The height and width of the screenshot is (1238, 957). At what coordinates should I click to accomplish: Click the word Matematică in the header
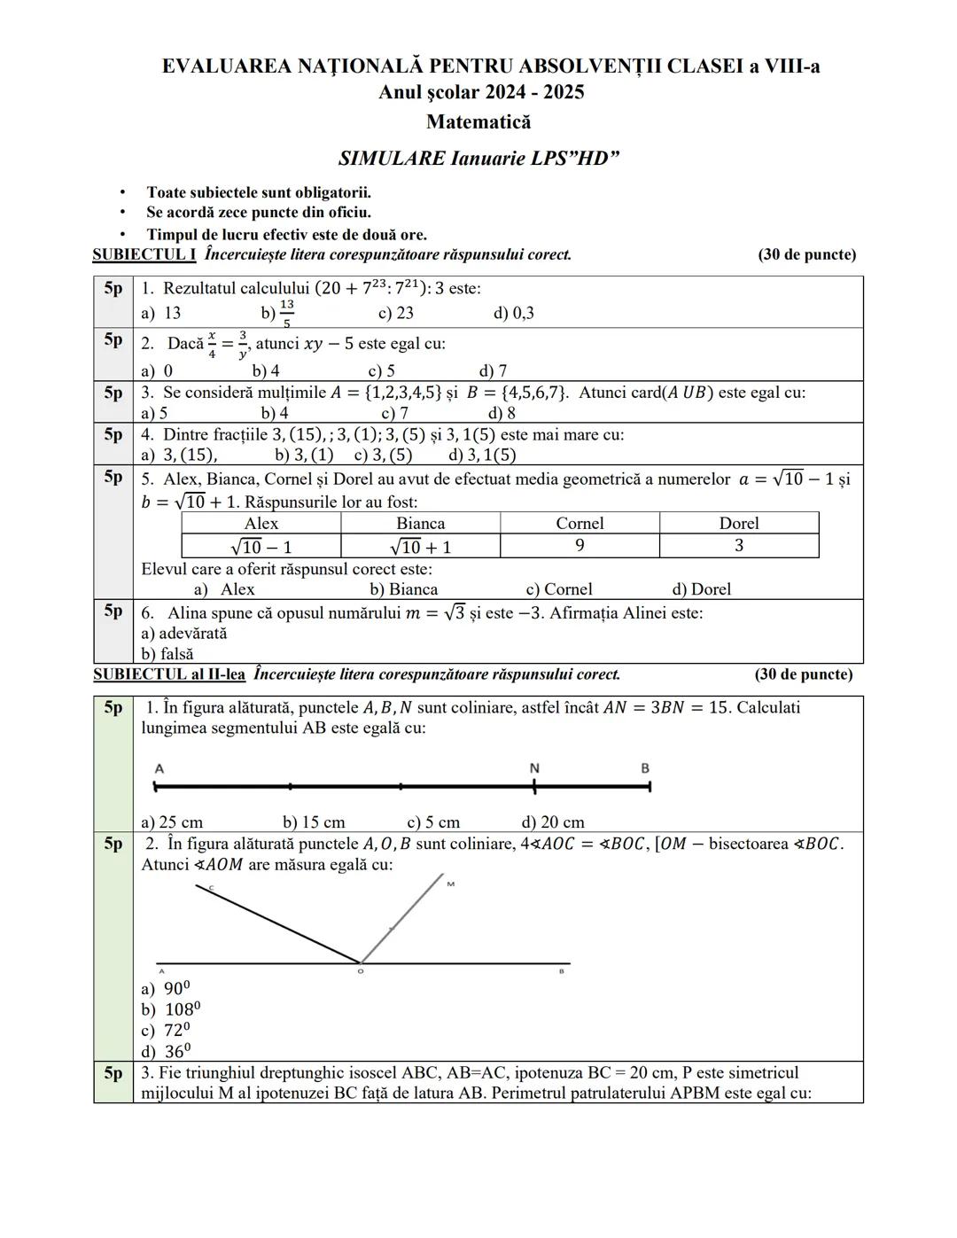point(478,122)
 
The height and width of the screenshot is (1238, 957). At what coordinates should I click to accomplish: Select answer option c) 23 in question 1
point(395,313)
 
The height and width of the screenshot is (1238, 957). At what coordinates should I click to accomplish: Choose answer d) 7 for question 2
point(493,370)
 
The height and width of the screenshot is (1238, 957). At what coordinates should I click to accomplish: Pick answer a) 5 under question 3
point(154,413)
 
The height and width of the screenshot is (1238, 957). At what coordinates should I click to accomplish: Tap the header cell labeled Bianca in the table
point(420,523)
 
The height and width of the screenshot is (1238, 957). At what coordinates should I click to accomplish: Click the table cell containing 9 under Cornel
point(580,546)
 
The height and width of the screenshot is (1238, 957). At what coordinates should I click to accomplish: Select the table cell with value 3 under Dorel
point(738,546)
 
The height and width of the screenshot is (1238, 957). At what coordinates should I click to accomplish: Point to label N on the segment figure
point(534,768)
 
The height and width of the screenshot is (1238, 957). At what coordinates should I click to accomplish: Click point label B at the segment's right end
point(645,768)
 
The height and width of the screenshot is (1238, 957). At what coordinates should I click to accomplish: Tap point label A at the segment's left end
point(159,768)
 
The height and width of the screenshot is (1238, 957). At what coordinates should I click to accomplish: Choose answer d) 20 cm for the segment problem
point(553,822)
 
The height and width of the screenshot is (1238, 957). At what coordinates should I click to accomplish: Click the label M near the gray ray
point(450,884)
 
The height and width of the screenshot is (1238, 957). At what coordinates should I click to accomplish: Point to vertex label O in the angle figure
point(360,972)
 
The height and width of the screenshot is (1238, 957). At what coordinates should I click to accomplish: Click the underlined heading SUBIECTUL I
point(144,255)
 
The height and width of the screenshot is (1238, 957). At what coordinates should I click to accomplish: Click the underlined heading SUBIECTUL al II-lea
point(169,674)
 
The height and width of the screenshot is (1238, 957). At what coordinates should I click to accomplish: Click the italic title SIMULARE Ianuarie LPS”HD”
point(478,159)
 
